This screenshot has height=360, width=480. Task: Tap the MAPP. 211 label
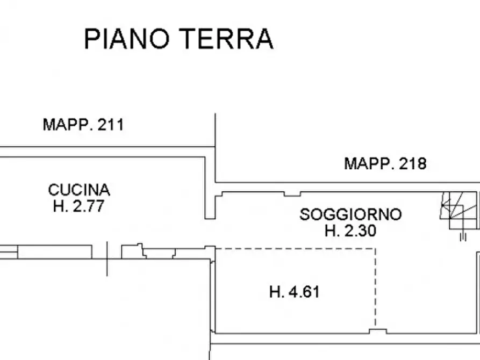(x=83, y=125)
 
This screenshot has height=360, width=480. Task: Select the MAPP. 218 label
(x=385, y=163)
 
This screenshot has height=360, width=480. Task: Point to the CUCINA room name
(x=79, y=190)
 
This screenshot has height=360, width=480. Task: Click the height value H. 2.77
(x=78, y=206)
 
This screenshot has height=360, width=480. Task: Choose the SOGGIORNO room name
(x=350, y=214)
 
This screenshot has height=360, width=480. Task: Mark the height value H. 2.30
(x=350, y=231)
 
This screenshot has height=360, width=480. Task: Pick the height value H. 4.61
(x=294, y=292)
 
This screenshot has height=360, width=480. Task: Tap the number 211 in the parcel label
(x=111, y=125)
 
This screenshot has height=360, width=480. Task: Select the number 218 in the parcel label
(x=413, y=163)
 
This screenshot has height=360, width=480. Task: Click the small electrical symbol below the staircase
(x=462, y=236)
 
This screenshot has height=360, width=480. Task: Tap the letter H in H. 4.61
(x=274, y=292)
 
